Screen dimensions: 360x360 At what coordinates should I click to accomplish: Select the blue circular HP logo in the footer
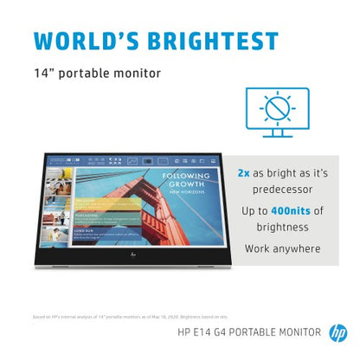click(337, 331)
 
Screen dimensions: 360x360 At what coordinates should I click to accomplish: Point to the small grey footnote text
click(112, 318)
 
